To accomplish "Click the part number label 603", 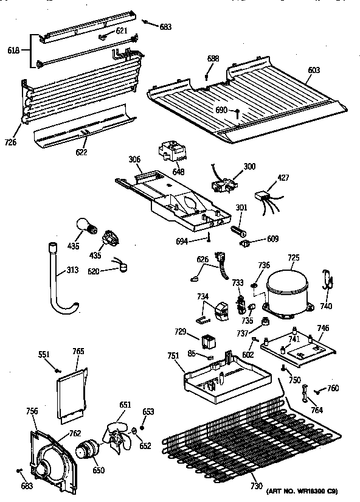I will coord(313,71).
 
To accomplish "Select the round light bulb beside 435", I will coord(85,227).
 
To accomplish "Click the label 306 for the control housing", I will coord(135,159).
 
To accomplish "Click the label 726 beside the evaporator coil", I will coord(10,143).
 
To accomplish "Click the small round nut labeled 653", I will coord(142,428).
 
